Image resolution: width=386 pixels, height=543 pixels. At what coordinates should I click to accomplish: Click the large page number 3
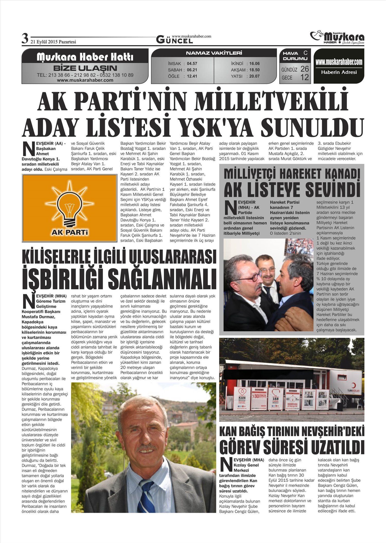pyautogui.click(x=25, y=39)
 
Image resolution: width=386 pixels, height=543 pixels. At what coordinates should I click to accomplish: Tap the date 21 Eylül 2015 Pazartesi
pyautogui.click(x=53, y=42)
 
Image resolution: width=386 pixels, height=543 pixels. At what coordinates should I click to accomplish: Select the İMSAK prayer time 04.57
pyautogui.click(x=192, y=64)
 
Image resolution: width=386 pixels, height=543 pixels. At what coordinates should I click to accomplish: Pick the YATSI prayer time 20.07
pyautogui.click(x=254, y=76)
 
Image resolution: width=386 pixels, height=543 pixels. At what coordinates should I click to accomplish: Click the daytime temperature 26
pyautogui.click(x=304, y=69)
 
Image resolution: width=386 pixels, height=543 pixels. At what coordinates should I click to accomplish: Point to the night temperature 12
pyautogui.click(x=304, y=77)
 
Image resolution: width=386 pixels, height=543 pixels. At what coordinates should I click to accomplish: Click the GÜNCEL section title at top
pyautogui.click(x=174, y=40)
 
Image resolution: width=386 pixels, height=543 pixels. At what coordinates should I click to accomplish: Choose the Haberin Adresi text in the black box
pyautogui.click(x=339, y=72)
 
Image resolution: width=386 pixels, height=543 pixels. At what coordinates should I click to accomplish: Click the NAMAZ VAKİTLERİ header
pyautogui.click(x=214, y=53)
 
